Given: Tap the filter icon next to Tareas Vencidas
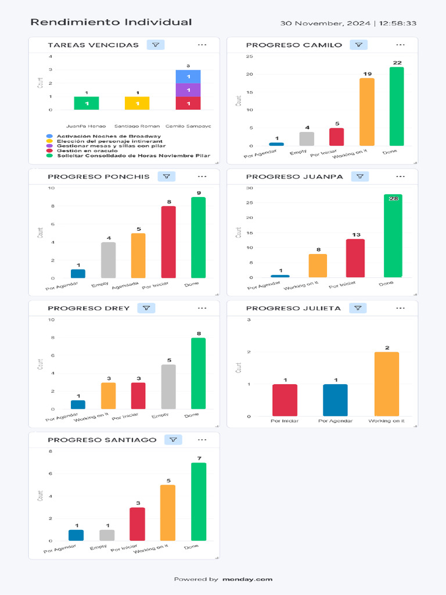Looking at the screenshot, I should (x=155, y=45).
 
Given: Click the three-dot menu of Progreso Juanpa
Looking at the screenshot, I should (x=400, y=176).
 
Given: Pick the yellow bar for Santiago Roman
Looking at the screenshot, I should (x=137, y=103).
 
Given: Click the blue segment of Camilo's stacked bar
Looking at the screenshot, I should (x=188, y=77).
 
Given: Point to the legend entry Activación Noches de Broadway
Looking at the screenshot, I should (x=99, y=136).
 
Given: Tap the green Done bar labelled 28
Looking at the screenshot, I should (x=393, y=236).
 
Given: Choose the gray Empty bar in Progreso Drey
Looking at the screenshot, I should (x=168, y=386).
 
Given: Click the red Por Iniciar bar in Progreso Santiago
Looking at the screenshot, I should (x=138, y=524).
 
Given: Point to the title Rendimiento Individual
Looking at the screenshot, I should (x=111, y=22).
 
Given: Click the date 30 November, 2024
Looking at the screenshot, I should (x=325, y=23).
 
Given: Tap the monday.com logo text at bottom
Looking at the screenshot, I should (x=247, y=579).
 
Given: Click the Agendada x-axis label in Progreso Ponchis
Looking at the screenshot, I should (x=125, y=285).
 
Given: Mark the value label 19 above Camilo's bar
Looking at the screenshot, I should (x=367, y=74).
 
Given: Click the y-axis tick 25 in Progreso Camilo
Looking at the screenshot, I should (x=249, y=56).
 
